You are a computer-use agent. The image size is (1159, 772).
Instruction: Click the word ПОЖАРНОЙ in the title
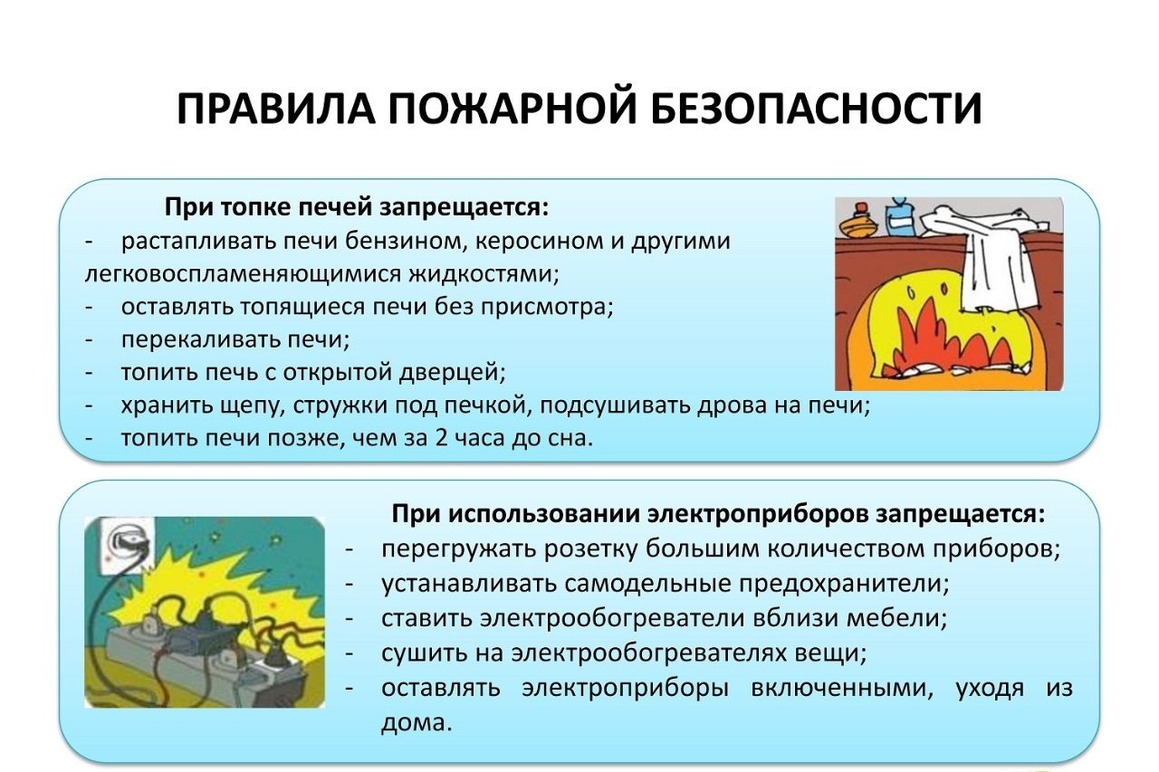(512, 110)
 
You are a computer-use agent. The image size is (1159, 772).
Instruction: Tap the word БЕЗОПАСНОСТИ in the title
(816, 110)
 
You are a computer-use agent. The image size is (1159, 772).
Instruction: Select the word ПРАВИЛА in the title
(275, 110)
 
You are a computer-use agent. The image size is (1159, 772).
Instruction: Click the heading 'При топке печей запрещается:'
(357, 208)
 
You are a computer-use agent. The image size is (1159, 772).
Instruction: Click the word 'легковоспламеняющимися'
(244, 274)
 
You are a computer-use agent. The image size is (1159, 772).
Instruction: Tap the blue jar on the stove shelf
(900, 217)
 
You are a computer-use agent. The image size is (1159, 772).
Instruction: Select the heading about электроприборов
(719, 514)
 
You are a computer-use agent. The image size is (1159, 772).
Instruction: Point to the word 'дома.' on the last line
(417, 722)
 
